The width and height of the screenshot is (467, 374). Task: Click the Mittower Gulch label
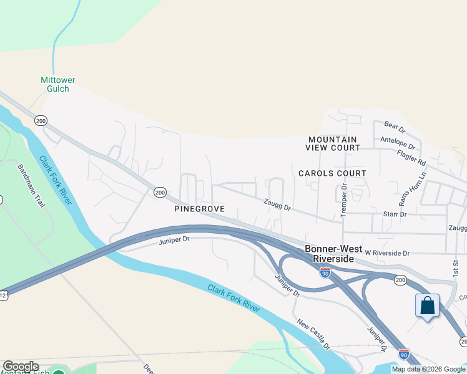point(57,84)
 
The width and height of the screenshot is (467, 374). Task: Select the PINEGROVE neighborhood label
point(199,209)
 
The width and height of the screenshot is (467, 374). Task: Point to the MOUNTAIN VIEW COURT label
point(333,143)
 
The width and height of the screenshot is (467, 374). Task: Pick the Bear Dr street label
point(395,128)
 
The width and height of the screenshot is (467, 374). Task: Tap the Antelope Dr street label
point(402,144)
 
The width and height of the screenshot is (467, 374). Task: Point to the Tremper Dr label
point(343,200)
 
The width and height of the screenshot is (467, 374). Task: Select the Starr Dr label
point(395,214)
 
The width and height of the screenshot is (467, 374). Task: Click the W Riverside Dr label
point(387,253)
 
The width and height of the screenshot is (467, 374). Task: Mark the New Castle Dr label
point(313,333)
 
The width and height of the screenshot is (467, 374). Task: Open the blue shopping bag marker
point(427,306)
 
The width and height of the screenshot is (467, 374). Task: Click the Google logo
point(21,367)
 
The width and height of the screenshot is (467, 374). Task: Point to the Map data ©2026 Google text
point(428,369)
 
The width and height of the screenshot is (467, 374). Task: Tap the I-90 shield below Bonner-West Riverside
point(325,272)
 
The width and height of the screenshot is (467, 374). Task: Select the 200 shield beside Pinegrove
point(160,193)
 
